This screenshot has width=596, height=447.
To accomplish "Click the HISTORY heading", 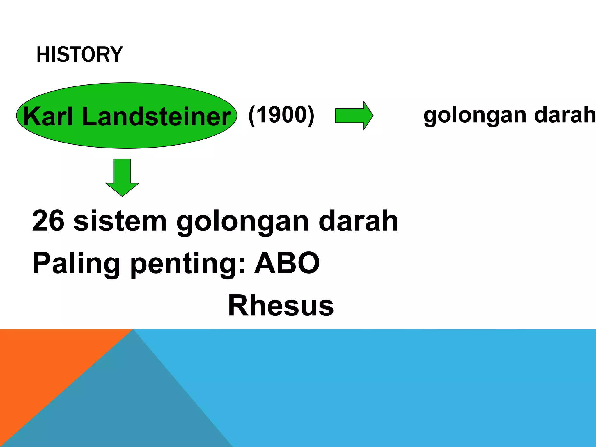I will tap(79, 54).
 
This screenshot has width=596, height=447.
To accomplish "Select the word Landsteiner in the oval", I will tap(156, 116).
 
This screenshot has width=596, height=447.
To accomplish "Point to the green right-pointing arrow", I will tap(354, 116).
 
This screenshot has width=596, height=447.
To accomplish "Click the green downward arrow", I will tap(122, 177).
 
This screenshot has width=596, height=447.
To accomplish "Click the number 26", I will tap(48, 221).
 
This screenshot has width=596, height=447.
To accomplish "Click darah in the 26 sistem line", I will tap(358, 221).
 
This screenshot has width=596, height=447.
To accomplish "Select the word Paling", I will tap(76, 263).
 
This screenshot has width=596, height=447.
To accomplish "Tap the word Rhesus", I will tap(281, 305).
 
